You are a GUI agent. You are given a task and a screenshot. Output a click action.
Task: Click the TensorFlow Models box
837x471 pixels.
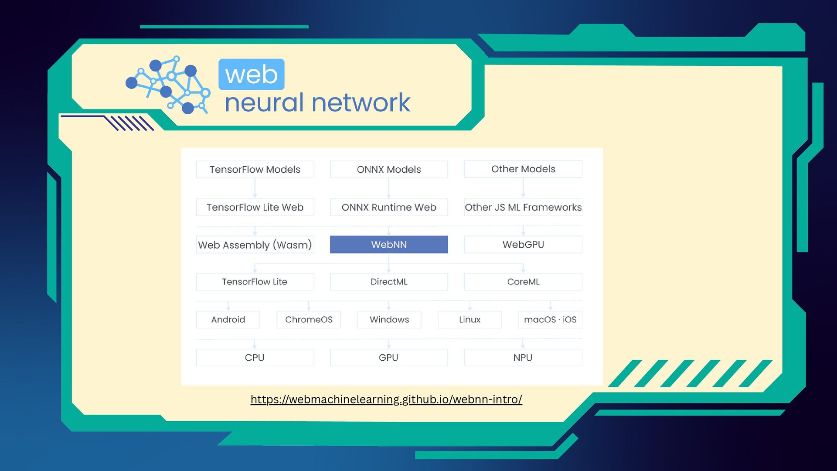point(255,169)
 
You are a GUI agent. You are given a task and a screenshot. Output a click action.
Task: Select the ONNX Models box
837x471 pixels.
point(389,169)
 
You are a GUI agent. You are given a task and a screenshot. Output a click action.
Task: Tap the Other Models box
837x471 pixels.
point(523,169)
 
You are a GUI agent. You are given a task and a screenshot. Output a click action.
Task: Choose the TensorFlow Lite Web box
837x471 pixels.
point(255,207)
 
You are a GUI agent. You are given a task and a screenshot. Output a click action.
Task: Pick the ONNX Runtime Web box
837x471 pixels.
point(389,207)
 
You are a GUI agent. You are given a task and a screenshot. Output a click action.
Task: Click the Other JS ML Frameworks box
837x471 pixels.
point(523,207)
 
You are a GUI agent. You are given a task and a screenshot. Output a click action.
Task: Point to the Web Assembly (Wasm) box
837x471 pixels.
point(255,245)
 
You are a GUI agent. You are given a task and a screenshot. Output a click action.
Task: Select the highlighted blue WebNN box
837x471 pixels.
point(389,245)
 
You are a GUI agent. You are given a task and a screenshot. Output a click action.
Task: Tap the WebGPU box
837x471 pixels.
point(523,245)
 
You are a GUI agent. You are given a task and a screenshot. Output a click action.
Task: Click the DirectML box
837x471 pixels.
point(389,282)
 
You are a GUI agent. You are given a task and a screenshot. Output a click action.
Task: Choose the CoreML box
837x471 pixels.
point(523,282)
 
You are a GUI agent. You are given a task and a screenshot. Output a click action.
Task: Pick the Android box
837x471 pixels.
point(228,320)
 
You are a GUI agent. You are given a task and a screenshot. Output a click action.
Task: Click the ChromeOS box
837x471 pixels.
point(309,320)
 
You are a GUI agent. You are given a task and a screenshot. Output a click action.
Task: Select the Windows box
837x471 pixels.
point(389,320)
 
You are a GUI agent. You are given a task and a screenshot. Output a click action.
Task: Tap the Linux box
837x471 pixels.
point(470,320)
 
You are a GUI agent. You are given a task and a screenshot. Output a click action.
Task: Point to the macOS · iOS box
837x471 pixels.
point(550,320)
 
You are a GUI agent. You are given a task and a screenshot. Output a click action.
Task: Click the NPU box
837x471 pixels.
point(523,358)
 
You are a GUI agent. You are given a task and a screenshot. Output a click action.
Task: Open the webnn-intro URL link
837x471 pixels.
point(386,399)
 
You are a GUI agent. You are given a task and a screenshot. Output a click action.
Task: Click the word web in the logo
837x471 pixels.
point(252,75)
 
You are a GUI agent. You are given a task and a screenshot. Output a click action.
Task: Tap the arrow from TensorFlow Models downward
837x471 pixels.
point(255,188)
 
